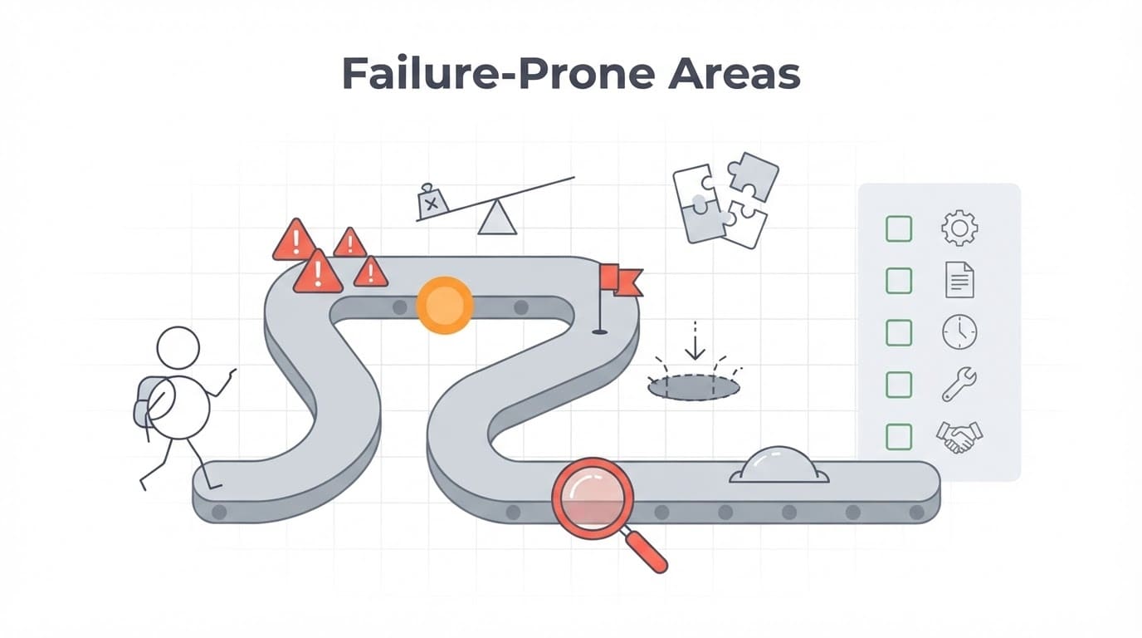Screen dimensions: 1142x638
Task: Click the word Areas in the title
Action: pyautogui.click(x=734, y=73)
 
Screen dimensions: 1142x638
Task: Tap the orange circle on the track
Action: pyautogui.click(x=445, y=305)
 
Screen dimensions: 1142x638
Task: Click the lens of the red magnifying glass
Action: pyautogui.click(x=593, y=498)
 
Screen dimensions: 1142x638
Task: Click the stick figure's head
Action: pyautogui.click(x=178, y=347)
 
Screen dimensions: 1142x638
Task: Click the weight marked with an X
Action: pyautogui.click(x=432, y=202)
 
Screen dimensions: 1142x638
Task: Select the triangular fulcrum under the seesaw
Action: pyautogui.click(x=497, y=218)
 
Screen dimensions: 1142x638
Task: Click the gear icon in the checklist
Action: pyautogui.click(x=959, y=228)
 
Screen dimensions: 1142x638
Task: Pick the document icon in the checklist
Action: pyautogui.click(x=959, y=280)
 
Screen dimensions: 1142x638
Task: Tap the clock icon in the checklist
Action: pyautogui.click(x=959, y=331)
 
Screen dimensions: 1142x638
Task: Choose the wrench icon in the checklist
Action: pyautogui.click(x=959, y=385)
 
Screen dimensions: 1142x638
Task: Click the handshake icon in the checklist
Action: pyautogui.click(x=959, y=437)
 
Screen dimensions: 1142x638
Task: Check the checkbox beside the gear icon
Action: pyautogui.click(x=899, y=228)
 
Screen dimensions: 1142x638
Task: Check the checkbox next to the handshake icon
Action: pyautogui.click(x=899, y=437)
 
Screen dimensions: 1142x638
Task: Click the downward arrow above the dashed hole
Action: pyautogui.click(x=695, y=341)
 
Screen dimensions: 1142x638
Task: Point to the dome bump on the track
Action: pyautogui.click(x=778, y=465)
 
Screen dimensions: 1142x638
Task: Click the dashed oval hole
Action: pyautogui.click(x=693, y=388)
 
